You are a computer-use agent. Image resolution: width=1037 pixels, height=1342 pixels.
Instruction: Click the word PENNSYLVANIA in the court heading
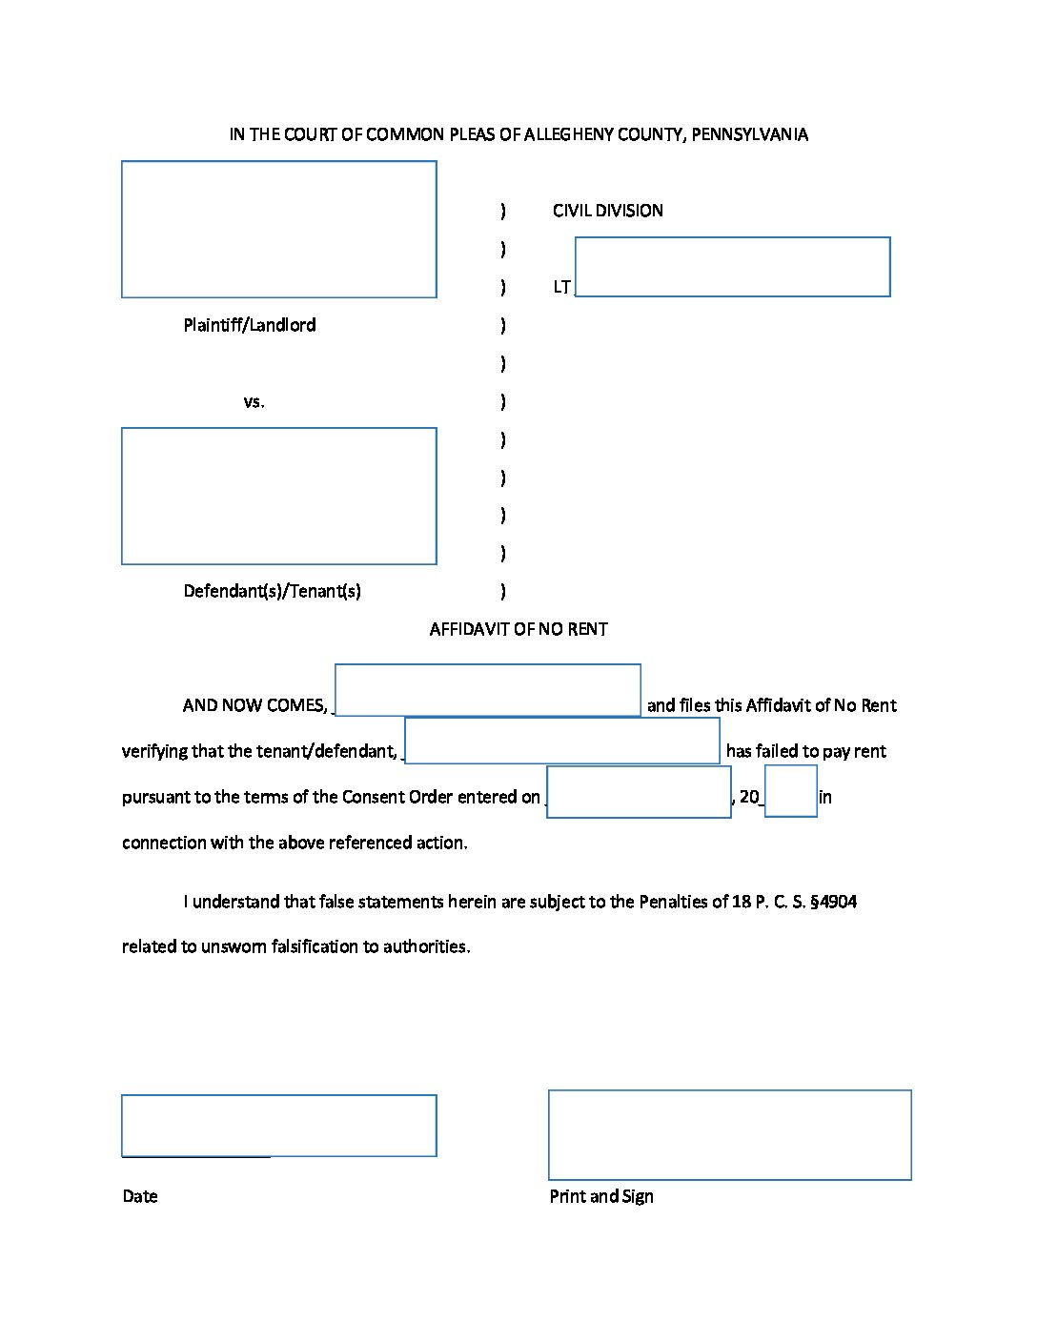749,134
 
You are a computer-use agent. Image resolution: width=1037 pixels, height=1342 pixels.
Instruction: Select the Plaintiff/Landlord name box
278,229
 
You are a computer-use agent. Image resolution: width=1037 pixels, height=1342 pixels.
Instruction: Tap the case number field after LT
732,267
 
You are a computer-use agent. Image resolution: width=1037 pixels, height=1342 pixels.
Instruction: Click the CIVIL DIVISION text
607,211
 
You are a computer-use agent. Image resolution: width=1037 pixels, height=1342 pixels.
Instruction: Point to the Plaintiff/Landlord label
250,325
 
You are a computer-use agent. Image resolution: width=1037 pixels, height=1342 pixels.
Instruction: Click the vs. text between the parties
254,402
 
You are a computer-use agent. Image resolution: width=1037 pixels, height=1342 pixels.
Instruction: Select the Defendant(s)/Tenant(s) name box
278,496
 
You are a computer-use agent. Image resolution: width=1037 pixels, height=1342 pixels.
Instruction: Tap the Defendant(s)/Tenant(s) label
272,591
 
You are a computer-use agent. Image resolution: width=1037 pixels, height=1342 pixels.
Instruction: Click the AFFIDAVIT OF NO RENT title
518,629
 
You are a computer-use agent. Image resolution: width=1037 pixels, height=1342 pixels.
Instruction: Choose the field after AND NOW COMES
487,690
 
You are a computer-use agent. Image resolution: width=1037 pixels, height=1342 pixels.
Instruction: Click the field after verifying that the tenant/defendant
562,741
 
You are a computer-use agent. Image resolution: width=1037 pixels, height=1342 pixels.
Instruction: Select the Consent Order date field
639,792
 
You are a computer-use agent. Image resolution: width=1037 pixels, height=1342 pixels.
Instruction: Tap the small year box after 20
790,791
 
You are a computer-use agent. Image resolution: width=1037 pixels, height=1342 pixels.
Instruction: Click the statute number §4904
833,903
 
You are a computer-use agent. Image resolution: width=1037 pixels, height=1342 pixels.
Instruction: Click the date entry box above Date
278,1126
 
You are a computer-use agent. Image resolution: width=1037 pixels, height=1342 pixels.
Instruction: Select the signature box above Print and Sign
729,1135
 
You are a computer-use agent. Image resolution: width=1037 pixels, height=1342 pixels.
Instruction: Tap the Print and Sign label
601,1196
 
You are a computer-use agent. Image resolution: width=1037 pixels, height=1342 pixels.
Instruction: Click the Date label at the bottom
140,1196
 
